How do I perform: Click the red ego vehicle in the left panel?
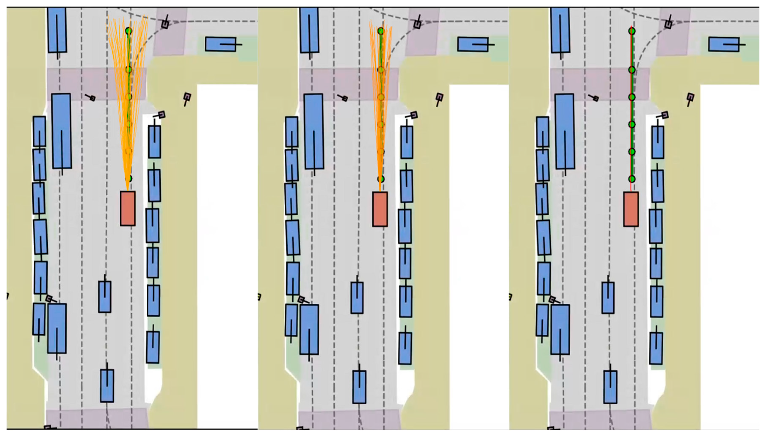tap(128, 208)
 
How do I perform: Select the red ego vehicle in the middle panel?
tap(380, 209)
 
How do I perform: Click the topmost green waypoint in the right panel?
tap(632, 31)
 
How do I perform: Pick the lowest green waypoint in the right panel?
tap(632, 179)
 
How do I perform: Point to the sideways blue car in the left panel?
tap(221, 44)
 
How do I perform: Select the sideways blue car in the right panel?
tap(724, 44)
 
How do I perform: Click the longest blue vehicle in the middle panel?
tap(314, 131)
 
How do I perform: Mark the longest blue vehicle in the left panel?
tap(62, 131)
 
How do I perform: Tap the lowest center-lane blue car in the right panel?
tap(610, 387)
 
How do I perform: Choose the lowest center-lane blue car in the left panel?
tap(107, 386)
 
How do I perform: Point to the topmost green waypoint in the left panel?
tap(129, 31)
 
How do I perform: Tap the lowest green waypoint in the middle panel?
tap(381, 179)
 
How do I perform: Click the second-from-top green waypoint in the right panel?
tap(632, 70)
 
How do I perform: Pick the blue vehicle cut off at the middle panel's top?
tap(309, 30)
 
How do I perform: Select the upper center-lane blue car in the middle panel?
tap(357, 298)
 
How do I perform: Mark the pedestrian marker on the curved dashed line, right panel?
tap(669, 24)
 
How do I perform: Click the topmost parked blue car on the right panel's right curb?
tap(658, 142)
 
